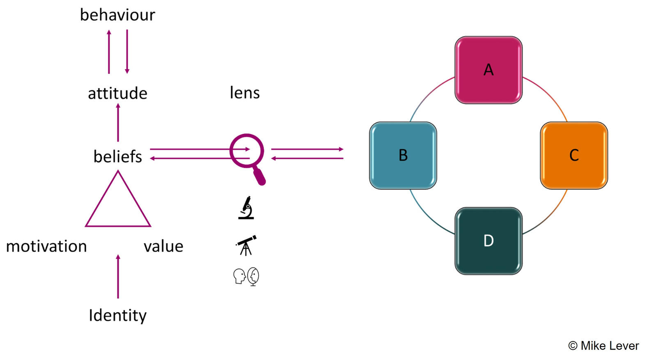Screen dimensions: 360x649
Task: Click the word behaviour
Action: (x=117, y=15)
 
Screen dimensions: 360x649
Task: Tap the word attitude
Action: (x=117, y=94)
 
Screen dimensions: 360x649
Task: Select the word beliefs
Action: (x=117, y=157)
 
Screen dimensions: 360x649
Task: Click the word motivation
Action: (x=46, y=246)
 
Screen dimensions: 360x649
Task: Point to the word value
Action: (x=163, y=246)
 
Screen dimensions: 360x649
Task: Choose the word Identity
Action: (x=118, y=315)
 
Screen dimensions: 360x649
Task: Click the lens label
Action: (x=245, y=93)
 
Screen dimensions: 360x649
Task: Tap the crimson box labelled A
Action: (x=488, y=70)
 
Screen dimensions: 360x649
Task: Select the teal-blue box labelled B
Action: (x=403, y=155)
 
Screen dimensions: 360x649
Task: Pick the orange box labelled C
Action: (x=573, y=155)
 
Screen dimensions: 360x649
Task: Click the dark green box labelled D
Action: (x=488, y=241)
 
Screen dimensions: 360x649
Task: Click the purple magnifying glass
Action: (x=248, y=156)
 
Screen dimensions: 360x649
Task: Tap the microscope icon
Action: (x=246, y=208)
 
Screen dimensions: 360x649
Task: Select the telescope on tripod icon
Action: (x=246, y=245)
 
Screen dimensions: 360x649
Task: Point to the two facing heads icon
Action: (x=246, y=276)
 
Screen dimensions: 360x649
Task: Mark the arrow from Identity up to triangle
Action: (x=118, y=276)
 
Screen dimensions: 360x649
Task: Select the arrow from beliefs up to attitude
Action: (x=118, y=122)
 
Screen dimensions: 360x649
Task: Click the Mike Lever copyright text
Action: (x=603, y=346)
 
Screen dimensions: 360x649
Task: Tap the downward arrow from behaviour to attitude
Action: (x=127, y=51)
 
